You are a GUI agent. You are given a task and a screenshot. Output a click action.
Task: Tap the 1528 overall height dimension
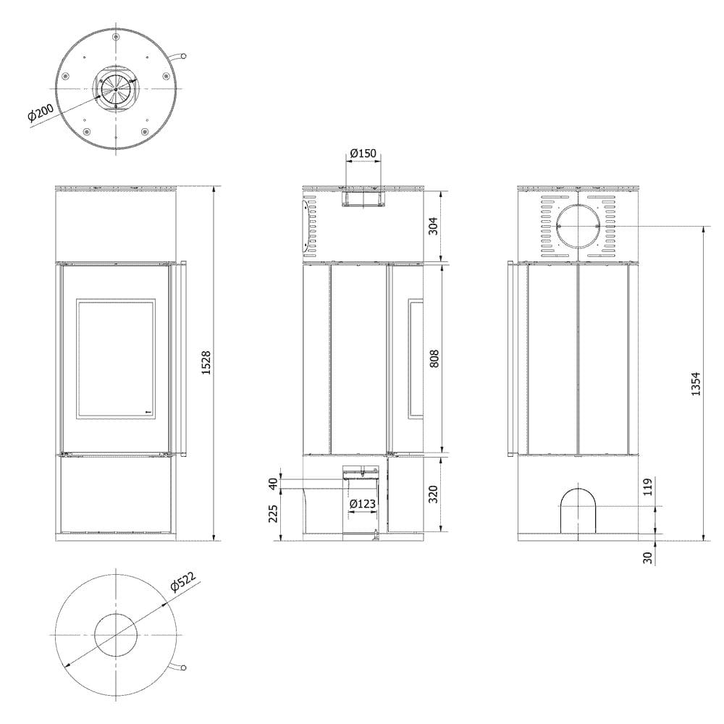(205, 363)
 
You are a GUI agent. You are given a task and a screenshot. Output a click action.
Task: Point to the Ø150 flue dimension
(363, 153)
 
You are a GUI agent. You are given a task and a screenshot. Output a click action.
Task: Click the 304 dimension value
(434, 226)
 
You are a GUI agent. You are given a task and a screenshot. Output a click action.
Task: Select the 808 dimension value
(434, 358)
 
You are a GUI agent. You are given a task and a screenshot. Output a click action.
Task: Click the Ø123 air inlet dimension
(363, 503)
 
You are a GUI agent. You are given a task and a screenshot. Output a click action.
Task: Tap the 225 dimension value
(273, 514)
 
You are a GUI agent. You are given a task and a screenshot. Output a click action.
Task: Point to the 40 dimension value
(273, 483)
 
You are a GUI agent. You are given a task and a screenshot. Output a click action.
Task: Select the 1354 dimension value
(696, 384)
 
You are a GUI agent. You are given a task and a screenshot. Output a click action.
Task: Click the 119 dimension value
(647, 487)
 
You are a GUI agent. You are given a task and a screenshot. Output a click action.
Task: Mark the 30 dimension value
(647, 556)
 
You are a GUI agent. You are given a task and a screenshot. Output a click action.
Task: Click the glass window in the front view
(116, 358)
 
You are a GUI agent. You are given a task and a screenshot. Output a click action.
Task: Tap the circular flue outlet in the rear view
(578, 226)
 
